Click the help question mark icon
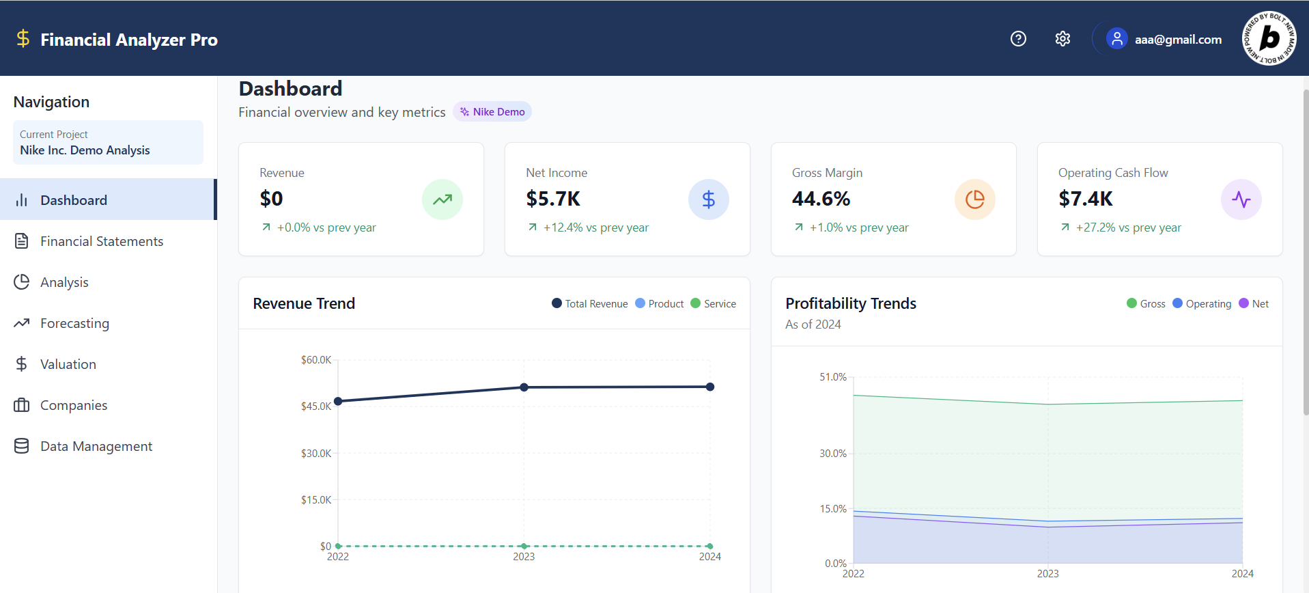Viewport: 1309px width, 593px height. click(1018, 39)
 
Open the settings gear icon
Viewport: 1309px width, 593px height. click(1062, 39)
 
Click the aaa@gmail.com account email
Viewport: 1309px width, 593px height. click(1178, 40)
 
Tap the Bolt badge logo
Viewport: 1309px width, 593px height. click(1269, 38)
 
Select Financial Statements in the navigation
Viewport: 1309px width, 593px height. click(101, 241)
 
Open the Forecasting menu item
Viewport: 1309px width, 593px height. click(74, 323)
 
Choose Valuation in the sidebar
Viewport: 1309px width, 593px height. click(68, 364)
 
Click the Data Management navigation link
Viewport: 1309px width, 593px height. click(96, 446)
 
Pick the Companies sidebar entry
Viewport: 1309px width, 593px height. click(73, 405)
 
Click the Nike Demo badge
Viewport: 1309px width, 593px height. click(492, 112)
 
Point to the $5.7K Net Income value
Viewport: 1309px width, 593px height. click(553, 199)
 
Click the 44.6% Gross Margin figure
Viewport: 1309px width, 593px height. click(821, 199)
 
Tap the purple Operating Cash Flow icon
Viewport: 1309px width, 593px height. click(1241, 199)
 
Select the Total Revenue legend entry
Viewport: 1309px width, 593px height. click(590, 304)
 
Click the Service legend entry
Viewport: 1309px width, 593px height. click(714, 304)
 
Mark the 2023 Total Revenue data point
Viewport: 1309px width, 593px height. click(524, 387)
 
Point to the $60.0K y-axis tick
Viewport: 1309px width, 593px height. click(316, 360)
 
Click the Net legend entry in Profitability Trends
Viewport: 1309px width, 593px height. click(1254, 304)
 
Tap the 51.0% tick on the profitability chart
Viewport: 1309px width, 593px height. click(833, 377)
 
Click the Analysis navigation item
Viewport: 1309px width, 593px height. click(64, 282)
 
